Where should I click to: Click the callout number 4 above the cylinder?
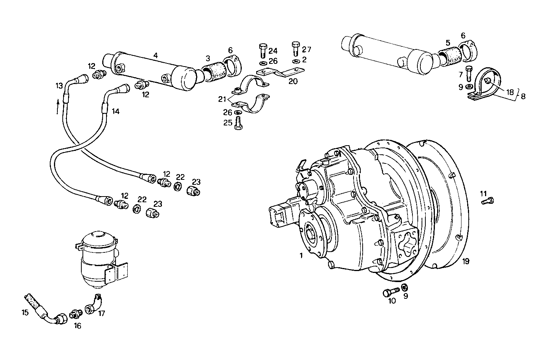[155, 56]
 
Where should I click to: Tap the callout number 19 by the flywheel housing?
[466, 261]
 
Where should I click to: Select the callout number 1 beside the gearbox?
[301, 256]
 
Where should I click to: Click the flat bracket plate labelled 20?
[281, 72]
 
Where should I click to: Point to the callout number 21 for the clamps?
[222, 99]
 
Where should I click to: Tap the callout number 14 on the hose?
[116, 111]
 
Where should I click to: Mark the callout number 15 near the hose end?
[25, 312]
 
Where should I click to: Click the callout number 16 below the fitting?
[77, 326]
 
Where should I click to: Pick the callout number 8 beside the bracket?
[523, 97]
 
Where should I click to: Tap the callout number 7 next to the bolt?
[460, 74]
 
